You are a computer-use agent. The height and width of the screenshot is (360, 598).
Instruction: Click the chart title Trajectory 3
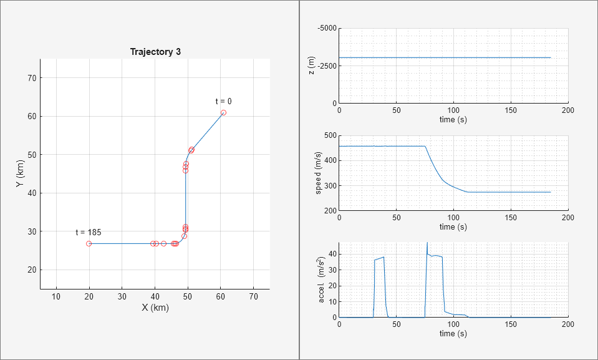[x=155, y=52]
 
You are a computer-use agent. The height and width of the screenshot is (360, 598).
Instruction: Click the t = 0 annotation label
[x=223, y=101]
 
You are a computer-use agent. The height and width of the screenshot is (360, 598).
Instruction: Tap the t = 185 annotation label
[x=88, y=232]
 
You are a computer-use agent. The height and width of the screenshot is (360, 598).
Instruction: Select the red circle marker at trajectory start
[x=223, y=113]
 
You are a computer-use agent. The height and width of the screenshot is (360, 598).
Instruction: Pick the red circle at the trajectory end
[x=89, y=243]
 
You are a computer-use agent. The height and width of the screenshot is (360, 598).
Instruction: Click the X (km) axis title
[x=155, y=307]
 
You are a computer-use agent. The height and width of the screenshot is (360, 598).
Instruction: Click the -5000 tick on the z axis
[x=326, y=28]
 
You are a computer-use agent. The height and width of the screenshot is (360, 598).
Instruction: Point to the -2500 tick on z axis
[x=326, y=66]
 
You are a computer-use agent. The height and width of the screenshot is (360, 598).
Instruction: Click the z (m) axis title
[x=312, y=66]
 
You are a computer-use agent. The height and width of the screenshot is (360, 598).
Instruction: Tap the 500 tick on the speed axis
[x=330, y=135]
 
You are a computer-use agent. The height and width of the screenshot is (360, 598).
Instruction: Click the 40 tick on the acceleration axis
[x=332, y=254]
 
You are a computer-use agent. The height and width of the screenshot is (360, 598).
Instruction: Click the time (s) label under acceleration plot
[x=453, y=334]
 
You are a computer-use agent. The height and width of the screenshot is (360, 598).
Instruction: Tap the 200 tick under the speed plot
[x=568, y=218]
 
